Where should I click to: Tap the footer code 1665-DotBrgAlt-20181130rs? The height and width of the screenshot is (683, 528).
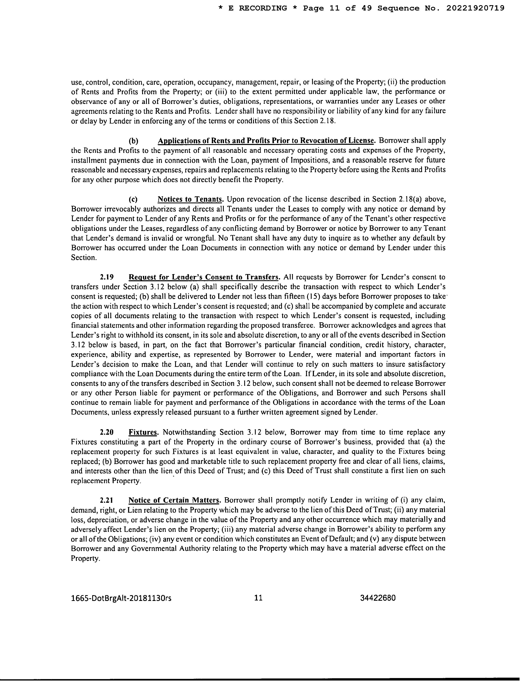point(121,598)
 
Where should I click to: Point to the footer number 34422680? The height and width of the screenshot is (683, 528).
point(378,598)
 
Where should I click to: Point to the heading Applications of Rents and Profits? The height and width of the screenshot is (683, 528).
point(266,141)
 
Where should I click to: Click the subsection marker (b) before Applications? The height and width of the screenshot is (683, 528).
point(134,141)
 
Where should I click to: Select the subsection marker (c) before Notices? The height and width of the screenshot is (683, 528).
point(134,199)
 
